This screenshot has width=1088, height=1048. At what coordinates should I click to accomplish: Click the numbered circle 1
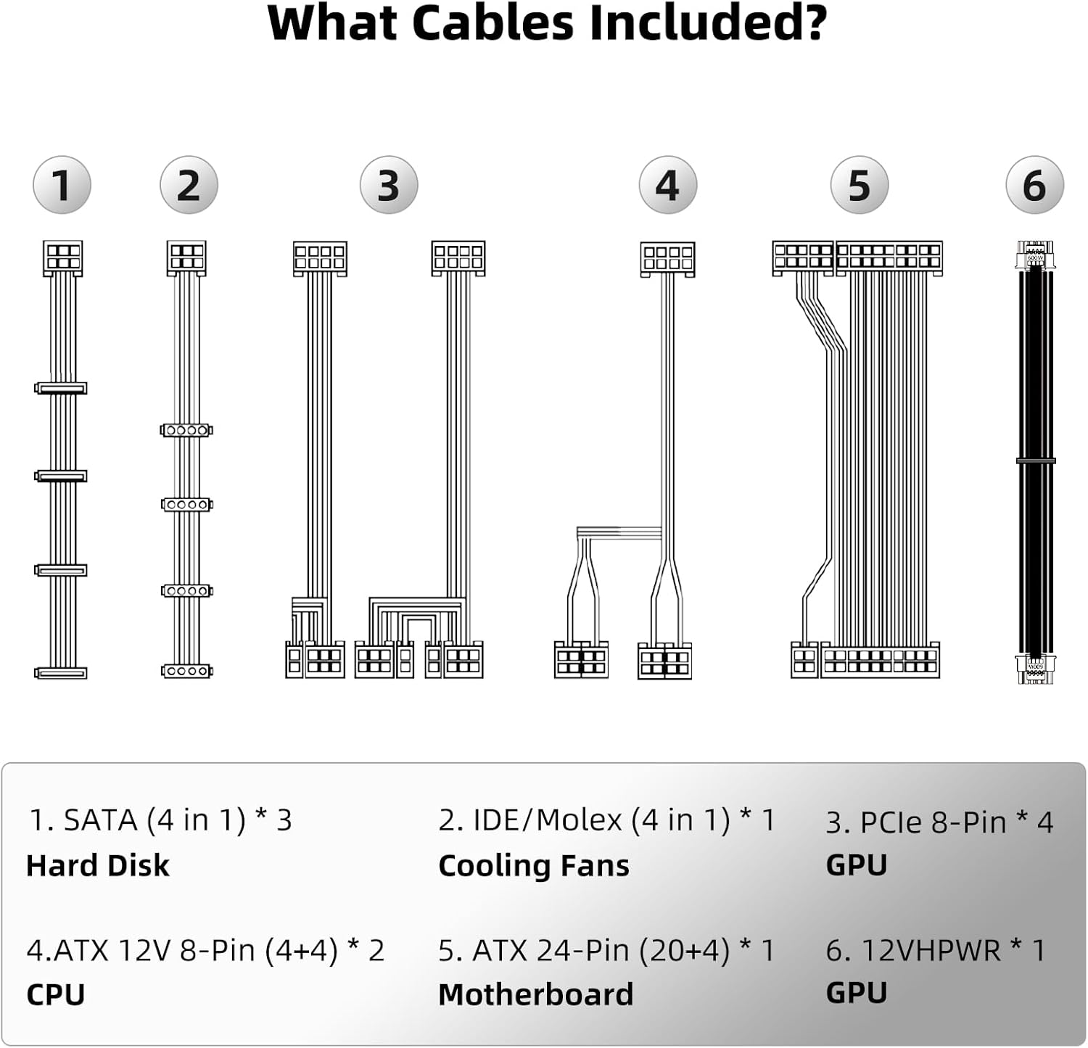click(62, 185)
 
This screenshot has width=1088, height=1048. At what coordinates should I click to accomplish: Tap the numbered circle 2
click(189, 185)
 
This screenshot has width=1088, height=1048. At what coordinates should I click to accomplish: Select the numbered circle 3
click(389, 185)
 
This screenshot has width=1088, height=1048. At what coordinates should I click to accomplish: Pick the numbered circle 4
click(667, 185)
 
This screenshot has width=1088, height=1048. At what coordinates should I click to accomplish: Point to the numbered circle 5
click(860, 185)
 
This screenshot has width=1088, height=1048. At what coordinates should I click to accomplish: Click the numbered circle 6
click(1034, 185)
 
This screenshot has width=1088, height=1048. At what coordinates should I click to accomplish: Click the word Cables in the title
click(493, 23)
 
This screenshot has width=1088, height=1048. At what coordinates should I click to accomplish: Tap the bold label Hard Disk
click(98, 865)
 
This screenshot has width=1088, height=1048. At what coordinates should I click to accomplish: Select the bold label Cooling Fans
click(534, 865)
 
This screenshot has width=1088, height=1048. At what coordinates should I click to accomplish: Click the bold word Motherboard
click(536, 994)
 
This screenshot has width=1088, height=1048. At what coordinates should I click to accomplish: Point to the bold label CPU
click(56, 994)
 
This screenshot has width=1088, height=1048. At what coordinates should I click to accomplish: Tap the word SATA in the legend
click(101, 820)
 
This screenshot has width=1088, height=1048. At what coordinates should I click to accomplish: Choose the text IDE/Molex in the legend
click(548, 820)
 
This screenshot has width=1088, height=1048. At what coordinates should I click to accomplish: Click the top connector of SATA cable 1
click(62, 257)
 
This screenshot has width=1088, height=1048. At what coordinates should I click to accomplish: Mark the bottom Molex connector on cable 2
click(186, 672)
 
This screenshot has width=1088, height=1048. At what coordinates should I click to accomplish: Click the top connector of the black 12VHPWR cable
click(1035, 255)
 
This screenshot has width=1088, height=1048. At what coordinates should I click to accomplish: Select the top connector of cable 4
click(667, 259)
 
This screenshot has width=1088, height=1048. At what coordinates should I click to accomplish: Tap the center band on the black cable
click(1035, 461)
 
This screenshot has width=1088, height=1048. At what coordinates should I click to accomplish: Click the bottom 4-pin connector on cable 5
click(804, 660)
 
